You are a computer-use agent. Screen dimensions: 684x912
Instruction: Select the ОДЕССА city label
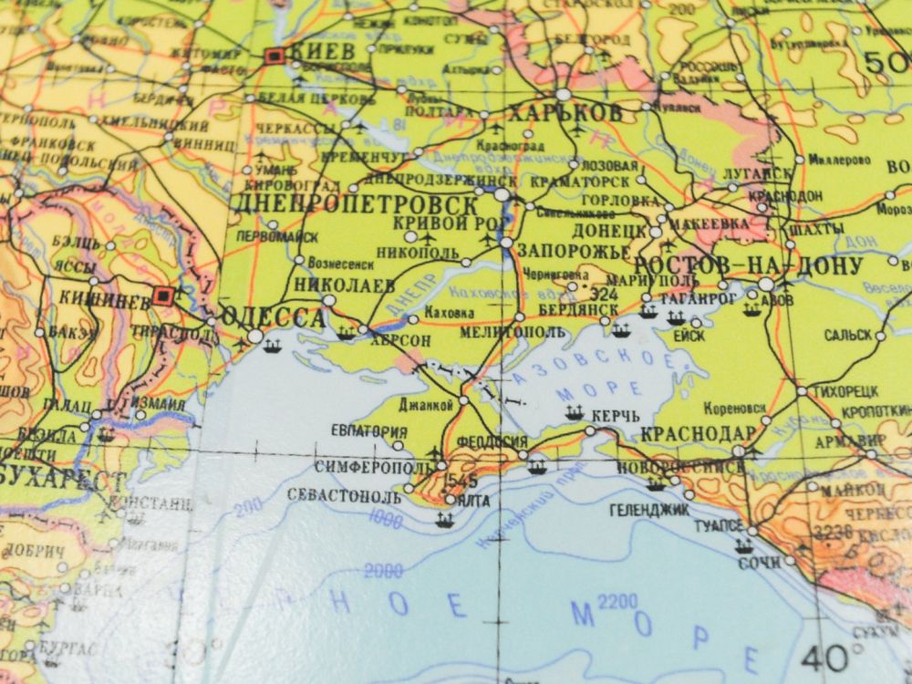274,317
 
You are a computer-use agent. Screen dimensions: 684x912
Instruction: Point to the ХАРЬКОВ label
565,113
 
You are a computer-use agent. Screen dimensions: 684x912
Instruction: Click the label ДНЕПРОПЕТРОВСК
357,202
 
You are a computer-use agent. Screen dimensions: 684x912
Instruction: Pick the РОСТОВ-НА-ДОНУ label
748,265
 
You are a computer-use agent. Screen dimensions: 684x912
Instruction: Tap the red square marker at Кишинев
164,295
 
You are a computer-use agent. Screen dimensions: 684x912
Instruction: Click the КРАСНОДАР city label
699,433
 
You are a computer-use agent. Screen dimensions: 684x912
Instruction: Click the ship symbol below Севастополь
444,521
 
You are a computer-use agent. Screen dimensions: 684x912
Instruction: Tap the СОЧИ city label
760,563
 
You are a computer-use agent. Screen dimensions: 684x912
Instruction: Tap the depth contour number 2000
383,571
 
